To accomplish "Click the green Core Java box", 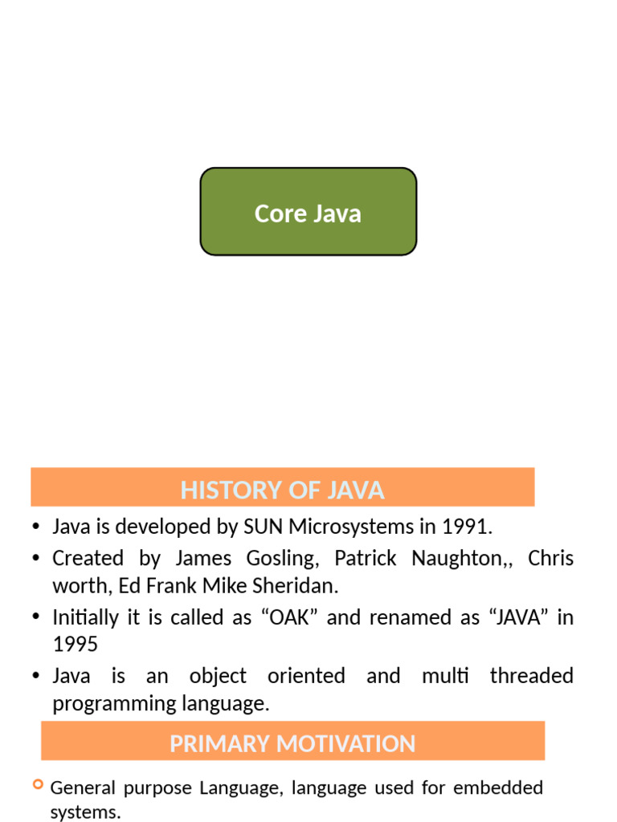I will click(308, 212).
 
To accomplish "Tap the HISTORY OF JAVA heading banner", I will click(282, 488).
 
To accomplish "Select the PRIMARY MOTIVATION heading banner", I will click(292, 742).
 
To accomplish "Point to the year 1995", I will click(75, 645).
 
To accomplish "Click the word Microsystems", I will click(348, 527).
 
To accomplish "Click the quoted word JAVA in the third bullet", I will click(505, 617).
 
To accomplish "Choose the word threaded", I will click(532, 676).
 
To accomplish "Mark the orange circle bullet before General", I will click(38, 784).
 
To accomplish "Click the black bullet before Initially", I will click(35, 617).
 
